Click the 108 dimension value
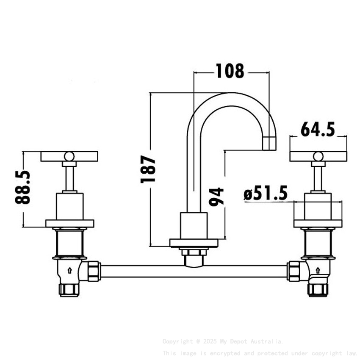click(230, 71)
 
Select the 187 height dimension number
click(148, 169)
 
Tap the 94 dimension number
click(216, 196)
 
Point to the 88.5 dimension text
click(23, 187)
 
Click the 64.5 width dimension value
click(318, 129)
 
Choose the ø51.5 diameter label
click(266, 194)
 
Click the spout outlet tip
click(269, 144)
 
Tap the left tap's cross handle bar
click(69, 156)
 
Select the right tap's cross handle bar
click(318, 156)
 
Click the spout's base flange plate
click(194, 243)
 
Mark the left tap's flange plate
click(69, 223)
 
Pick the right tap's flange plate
click(318, 223)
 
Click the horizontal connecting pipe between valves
click(194, 271)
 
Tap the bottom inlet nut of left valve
click(69, 290)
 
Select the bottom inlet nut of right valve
click(317, 290)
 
